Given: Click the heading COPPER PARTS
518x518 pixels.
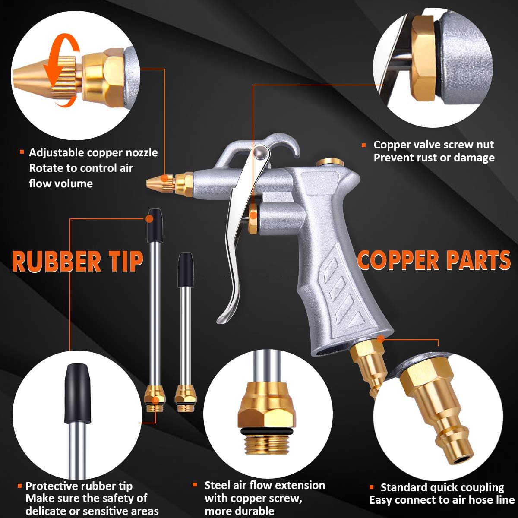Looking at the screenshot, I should tap(434, 260).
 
